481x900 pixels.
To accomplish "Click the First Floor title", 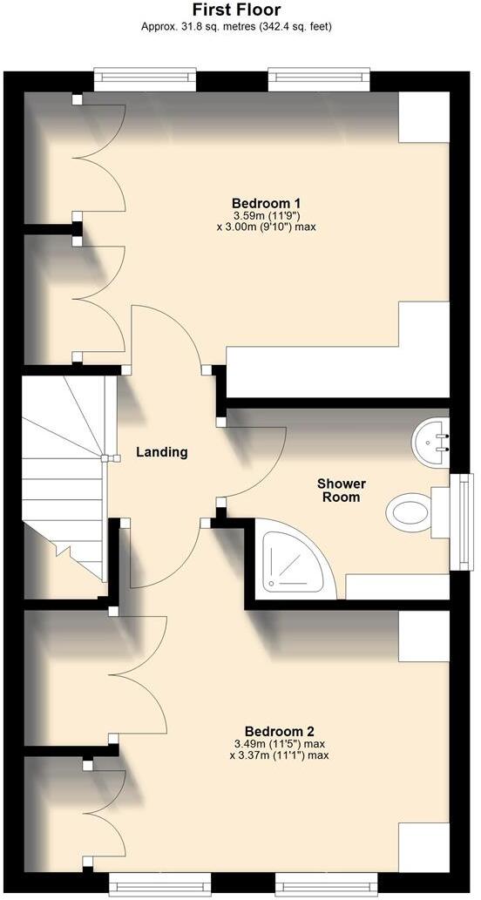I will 236,10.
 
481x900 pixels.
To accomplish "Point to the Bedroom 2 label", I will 279,731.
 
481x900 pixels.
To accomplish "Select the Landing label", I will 162,452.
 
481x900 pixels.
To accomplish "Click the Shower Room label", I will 341,490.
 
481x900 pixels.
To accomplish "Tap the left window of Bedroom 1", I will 144,81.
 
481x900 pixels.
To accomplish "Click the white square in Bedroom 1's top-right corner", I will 423,117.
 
